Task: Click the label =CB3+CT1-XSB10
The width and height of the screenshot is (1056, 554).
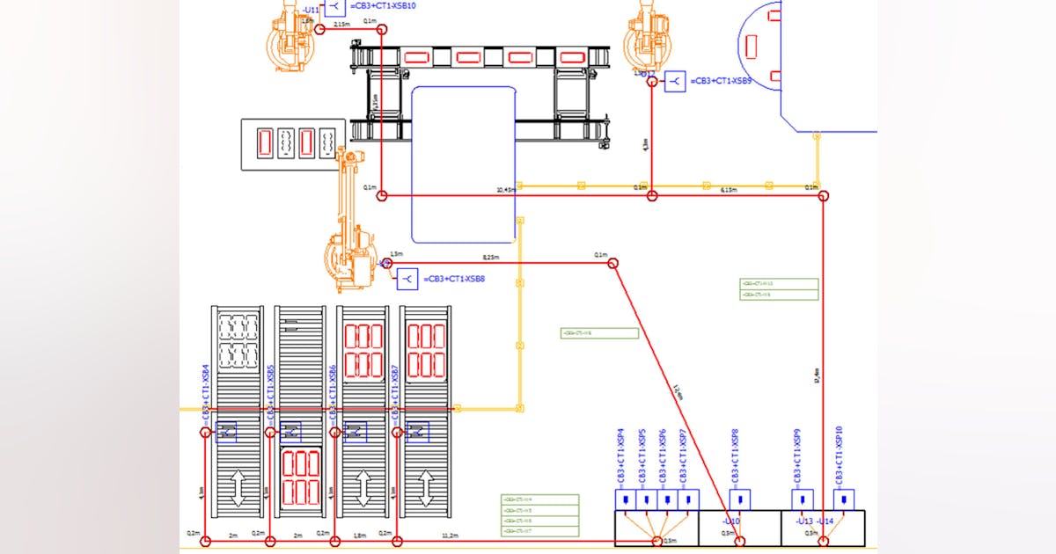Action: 384,6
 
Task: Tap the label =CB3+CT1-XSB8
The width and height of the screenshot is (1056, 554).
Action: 454,280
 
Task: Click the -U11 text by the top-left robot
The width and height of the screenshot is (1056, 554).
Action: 311,11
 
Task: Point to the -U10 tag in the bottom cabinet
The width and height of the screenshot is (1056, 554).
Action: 731,521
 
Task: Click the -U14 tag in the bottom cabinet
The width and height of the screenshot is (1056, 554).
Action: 825,521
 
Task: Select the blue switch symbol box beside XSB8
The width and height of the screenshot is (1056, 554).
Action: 407,280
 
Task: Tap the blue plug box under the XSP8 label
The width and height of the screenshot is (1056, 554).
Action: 739,500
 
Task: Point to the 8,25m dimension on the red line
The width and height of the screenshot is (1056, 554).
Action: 491,258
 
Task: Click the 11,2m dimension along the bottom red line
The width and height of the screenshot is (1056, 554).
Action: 450,535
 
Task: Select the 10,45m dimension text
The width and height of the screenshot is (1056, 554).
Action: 505,190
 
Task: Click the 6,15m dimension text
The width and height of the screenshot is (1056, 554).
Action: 729,190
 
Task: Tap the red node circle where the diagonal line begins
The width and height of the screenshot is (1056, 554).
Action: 613,263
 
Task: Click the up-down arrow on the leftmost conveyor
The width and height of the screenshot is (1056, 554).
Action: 236,487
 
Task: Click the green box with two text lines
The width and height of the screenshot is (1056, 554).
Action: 779,289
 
